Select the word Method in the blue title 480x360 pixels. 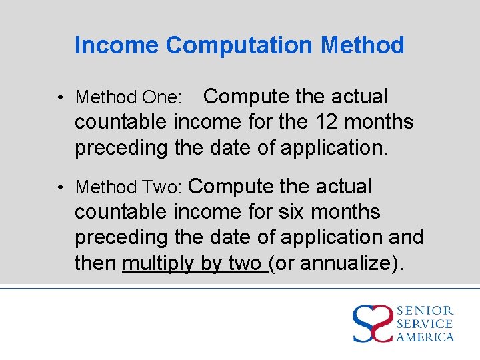pos(362,45)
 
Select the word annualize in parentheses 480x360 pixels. pos(349,263)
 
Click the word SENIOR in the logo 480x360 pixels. pos(425,311)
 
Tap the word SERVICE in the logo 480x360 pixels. pos(425,324)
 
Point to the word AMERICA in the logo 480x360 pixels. pos(425,337)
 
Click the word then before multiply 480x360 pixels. pos(96,263)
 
